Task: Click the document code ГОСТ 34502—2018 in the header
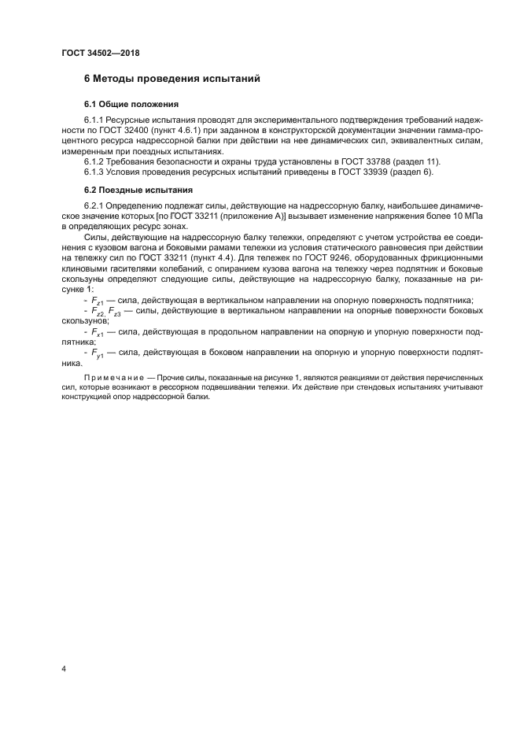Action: tap(100, 54)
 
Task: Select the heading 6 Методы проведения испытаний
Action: tap(171, 80)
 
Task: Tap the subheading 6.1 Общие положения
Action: tap(131, 104)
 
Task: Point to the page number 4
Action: tap(63, 669)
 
